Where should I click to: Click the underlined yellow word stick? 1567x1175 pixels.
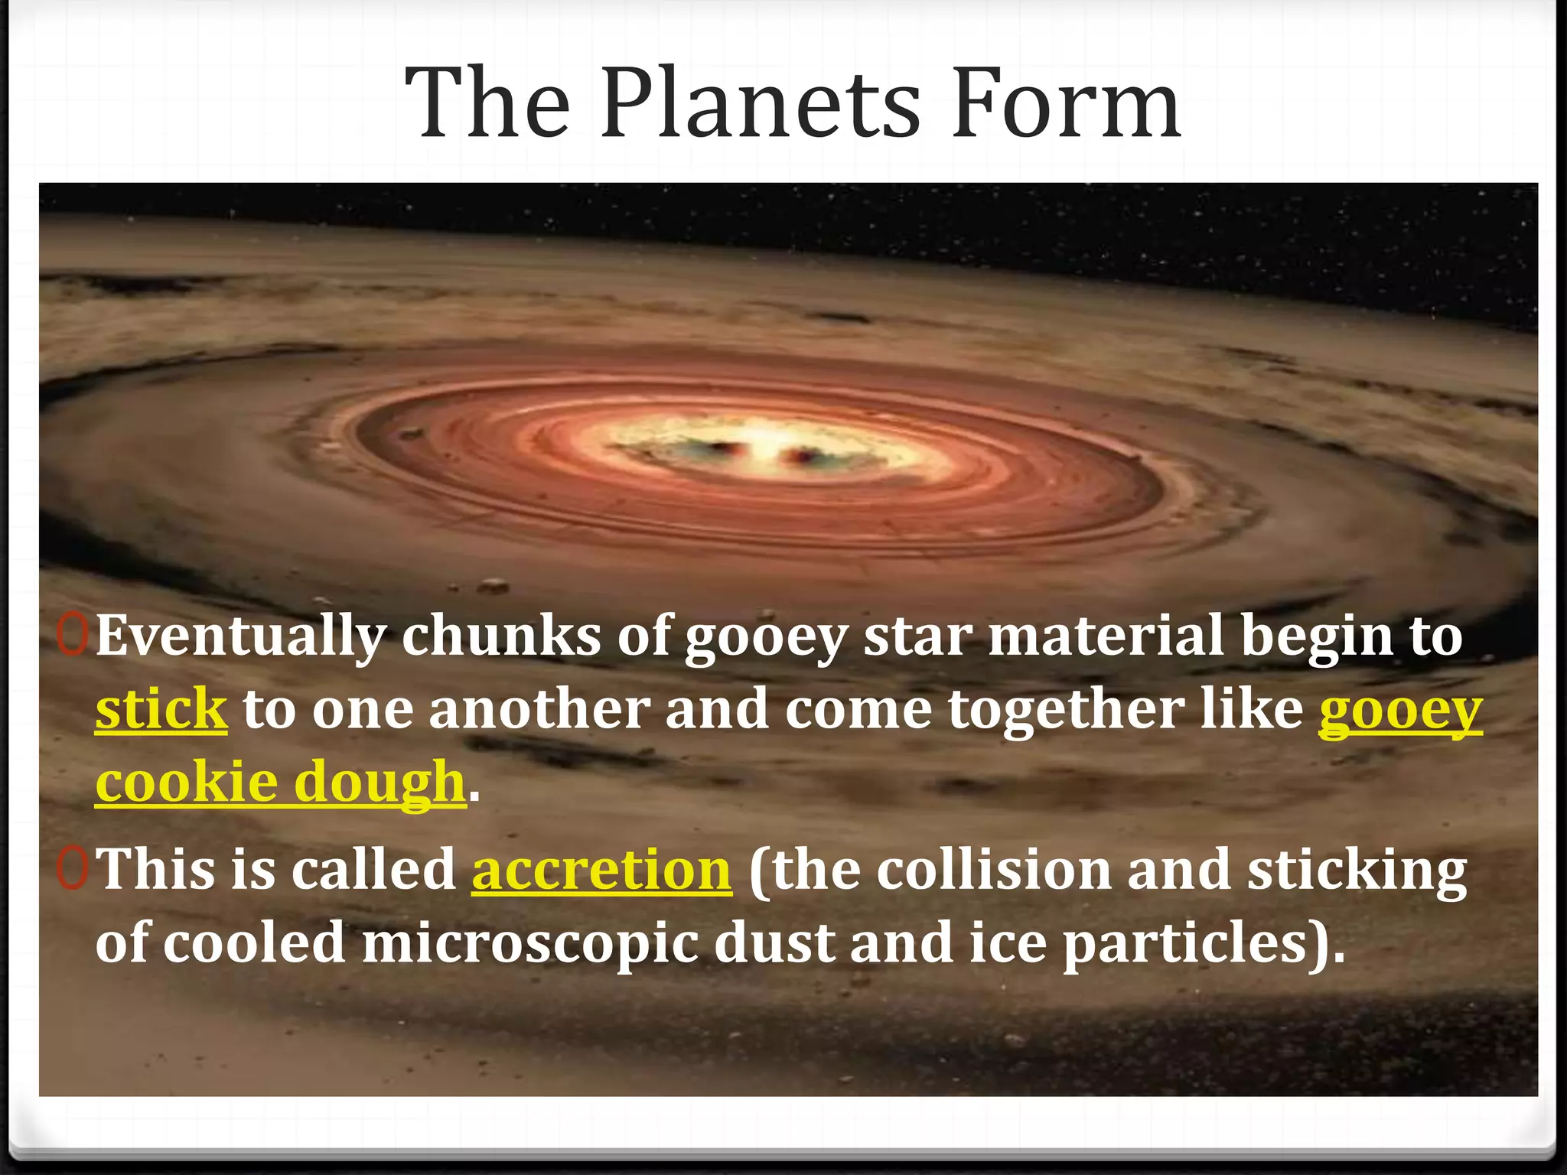pyautogui.click(x=161, y=708)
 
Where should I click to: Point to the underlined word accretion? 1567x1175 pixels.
pyautogui.click(x=601, y=871)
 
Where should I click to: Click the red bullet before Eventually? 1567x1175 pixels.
pyautogui.click(x=73, y=635)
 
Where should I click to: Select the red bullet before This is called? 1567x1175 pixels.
pyautogui.click(x=73, y=869)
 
